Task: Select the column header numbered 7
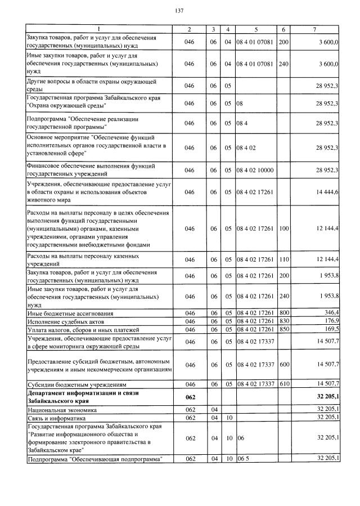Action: click(x=318, y=29)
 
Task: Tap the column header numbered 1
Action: click(x=98, y=29)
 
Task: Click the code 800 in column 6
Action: click(x=283, y=313)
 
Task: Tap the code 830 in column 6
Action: click(x=283, y=321)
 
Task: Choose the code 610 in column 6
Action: click(x=283, y=384)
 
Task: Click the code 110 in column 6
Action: click(x=283, y=259)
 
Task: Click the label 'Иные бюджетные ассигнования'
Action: click(x=70, y=313)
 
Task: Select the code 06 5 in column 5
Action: click(x=242, y=459)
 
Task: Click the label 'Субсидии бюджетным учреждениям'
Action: click(x=75, y=384)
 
